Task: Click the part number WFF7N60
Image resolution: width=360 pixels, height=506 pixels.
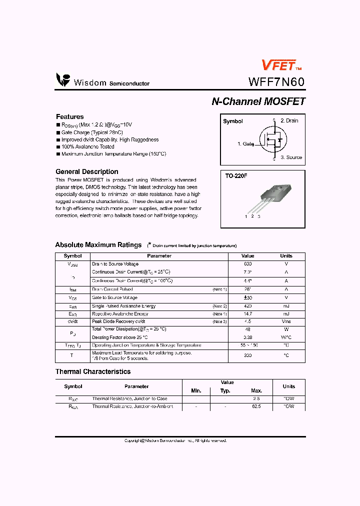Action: click(x=276, y=82)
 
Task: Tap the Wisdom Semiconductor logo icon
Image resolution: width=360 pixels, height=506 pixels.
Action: click(x=63, y=80)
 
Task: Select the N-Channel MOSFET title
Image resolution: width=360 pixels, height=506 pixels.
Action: click(x=258, y=101)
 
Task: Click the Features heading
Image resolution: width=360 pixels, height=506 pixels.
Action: click(x=69, y=116)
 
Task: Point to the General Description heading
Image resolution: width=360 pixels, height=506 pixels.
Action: click(x=86, y=171)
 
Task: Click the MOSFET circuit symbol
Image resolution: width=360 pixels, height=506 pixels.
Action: click(x=270, y=139)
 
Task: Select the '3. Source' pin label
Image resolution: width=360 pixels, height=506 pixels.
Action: click(x=291, y=157)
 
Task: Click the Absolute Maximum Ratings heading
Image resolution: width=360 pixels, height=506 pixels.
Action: click(x=98, y=245)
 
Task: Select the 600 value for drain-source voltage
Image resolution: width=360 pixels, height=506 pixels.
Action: click(x=247, y=263)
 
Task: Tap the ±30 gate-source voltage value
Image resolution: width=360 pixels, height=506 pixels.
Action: click(x=247, y=297)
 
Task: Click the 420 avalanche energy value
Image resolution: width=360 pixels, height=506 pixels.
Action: click(x=247, y=306)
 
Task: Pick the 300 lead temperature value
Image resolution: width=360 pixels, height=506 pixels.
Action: click(x=247, y=355)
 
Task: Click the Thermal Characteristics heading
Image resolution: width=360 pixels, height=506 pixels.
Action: click(x=92, y=371)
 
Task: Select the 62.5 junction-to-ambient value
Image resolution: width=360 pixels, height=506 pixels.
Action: click(x=256, y=406)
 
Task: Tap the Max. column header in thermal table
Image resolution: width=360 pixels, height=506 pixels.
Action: click(x=256, y=390)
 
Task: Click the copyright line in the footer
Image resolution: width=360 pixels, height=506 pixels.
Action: click(x=175, y=440)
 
